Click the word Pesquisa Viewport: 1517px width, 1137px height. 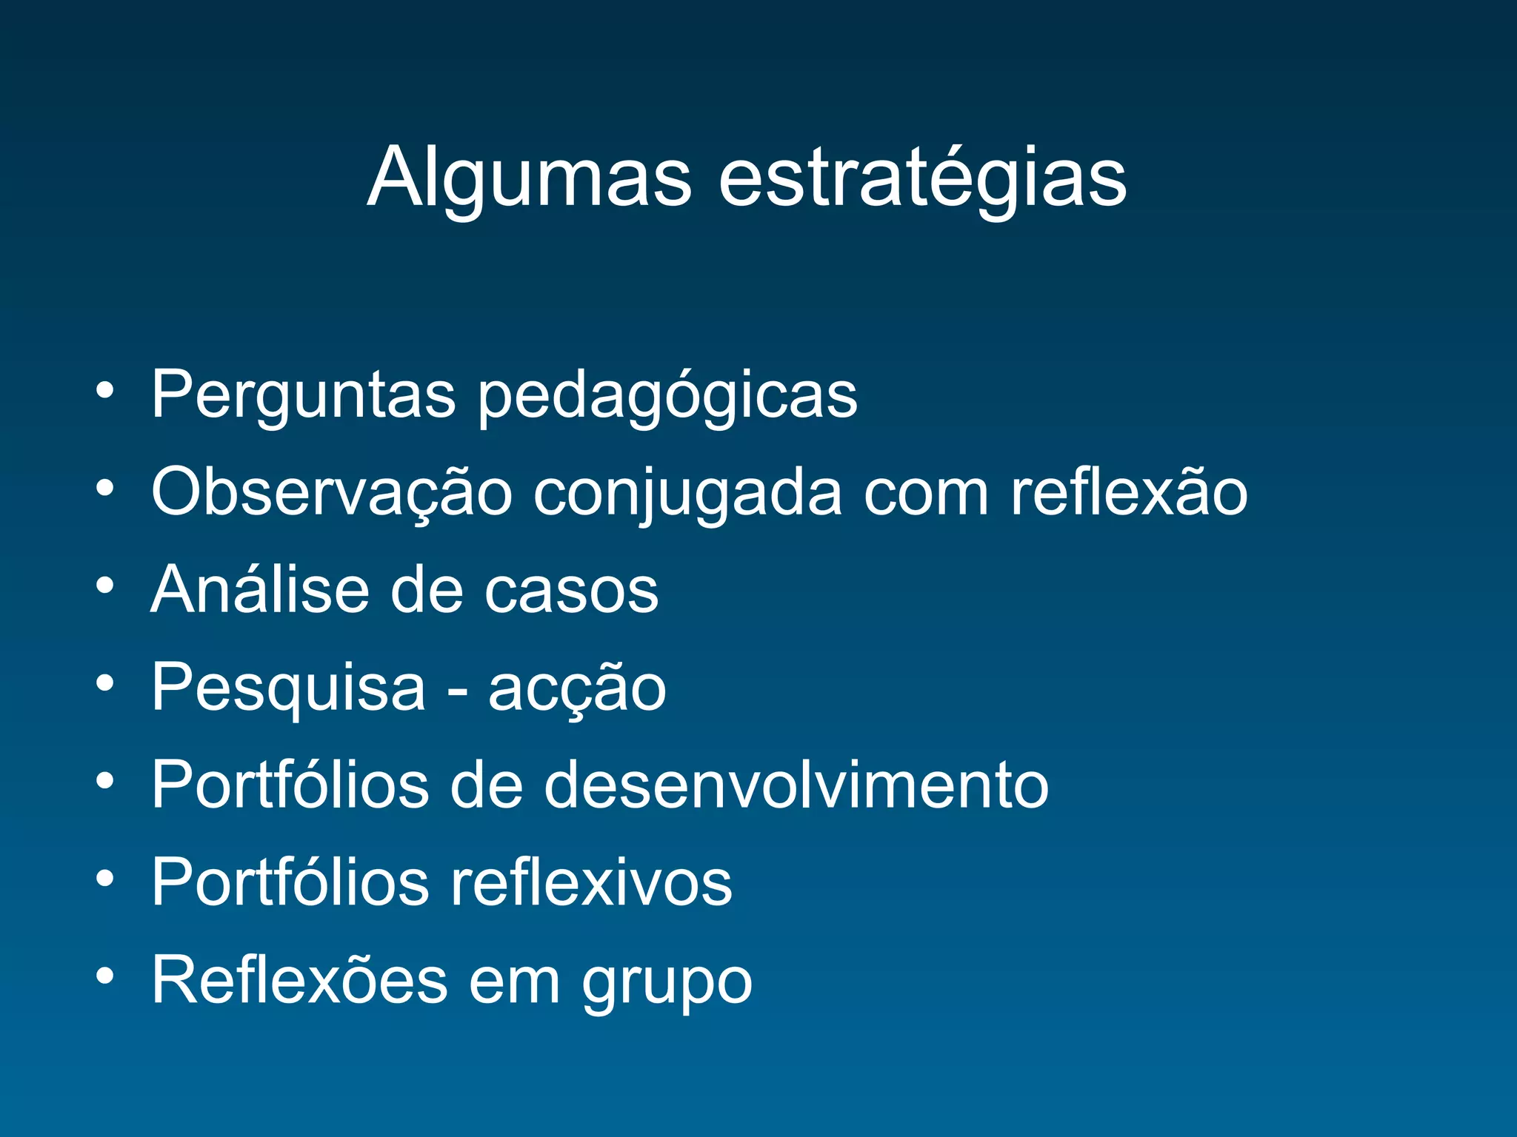[x=288, y=688]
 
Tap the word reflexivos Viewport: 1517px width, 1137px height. [x=591, y=882]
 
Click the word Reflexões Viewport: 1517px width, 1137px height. [x=299, y=980]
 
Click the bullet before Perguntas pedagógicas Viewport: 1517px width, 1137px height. [x=105, y=390]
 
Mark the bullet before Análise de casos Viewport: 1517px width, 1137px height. [x=105, y=586]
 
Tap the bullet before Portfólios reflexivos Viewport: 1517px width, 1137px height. [x=105, y=878]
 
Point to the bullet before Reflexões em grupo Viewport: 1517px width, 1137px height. [x=105, y=976]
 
